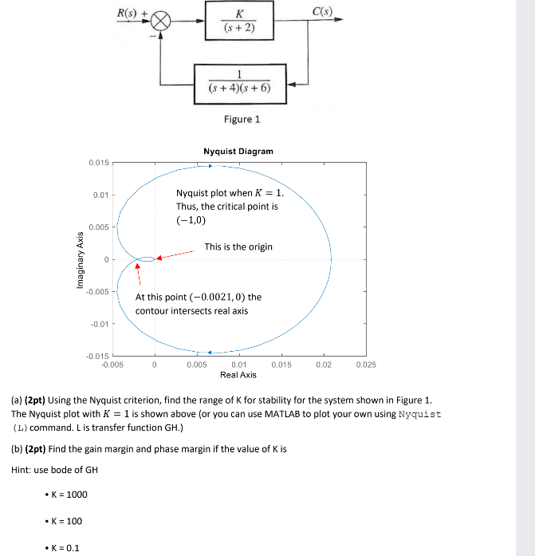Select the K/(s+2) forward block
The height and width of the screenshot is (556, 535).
[238, 21]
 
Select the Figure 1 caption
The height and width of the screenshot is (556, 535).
[242, 120]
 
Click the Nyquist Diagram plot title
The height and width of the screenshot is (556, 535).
[238, 151]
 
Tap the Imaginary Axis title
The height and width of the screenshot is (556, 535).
[81, 260]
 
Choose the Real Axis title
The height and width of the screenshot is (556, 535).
[238, 375]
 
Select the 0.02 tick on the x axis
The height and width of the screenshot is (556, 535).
[323, 365]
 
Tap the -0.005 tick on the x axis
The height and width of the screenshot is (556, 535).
[112, 365]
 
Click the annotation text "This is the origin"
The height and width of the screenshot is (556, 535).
[238, 246]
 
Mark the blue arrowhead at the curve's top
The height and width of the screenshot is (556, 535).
[210, 167]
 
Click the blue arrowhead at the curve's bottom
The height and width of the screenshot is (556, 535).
[209, 352]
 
